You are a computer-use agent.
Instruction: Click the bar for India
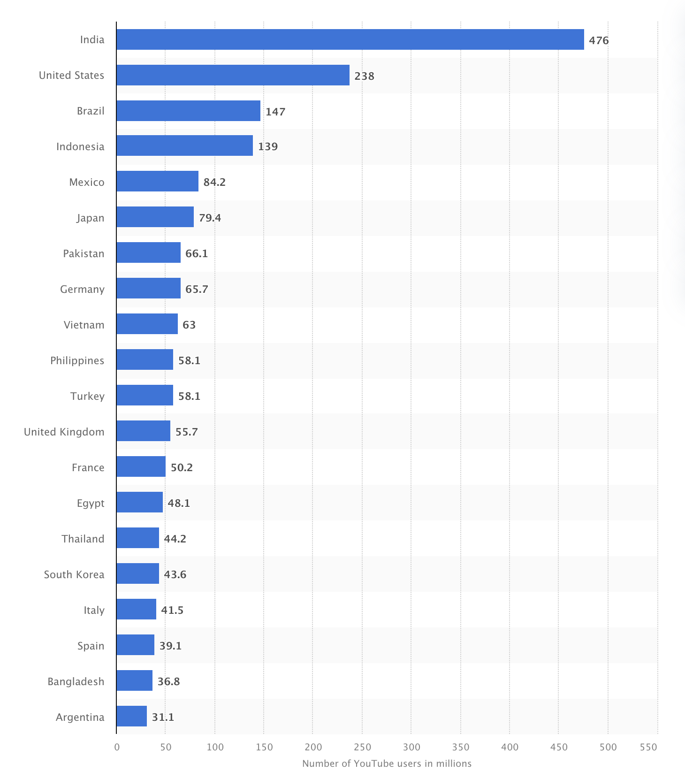[350, 39]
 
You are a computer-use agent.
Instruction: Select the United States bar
[233, 75]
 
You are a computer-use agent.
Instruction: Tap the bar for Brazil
[188, 111]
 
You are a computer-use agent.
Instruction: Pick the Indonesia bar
[184, 145]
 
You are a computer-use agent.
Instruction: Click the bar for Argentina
[131, 716]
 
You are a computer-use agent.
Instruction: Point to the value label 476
[599, 40]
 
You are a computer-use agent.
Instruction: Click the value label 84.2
[214, 182]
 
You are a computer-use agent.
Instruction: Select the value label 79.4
[210, 218]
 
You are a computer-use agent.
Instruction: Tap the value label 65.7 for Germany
[197, 289]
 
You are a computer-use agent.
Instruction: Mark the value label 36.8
[168, 681]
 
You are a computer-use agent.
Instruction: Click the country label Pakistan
[84, 253]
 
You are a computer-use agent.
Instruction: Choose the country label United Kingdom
[64, 432]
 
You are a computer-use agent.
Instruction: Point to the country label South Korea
[74, 574]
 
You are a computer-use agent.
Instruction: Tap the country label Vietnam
[84, 325]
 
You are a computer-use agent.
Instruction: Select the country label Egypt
[91, 503]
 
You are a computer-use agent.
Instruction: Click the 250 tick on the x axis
[362, 747]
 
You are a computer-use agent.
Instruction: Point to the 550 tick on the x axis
[648, 747]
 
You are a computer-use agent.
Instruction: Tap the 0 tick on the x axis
[117, 747]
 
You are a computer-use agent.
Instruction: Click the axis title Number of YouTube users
[387, 764]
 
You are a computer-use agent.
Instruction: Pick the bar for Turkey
[145, 395]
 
